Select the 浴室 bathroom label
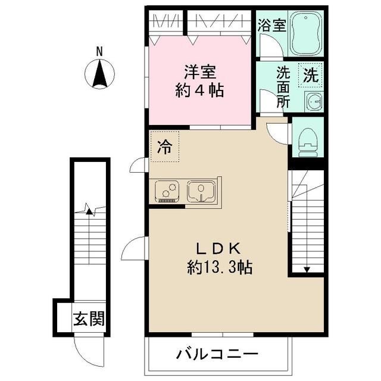click(x=273, y=26)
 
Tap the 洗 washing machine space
click(x=310, y=76)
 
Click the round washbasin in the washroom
click(x=313, y=101)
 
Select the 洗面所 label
click(x=283, y=87)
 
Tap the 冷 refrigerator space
click(x=164, y=148)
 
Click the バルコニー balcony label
click(x=217, y=355)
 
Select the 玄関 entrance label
click(x=89, y=320)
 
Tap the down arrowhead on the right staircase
click(x=306, y=270)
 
